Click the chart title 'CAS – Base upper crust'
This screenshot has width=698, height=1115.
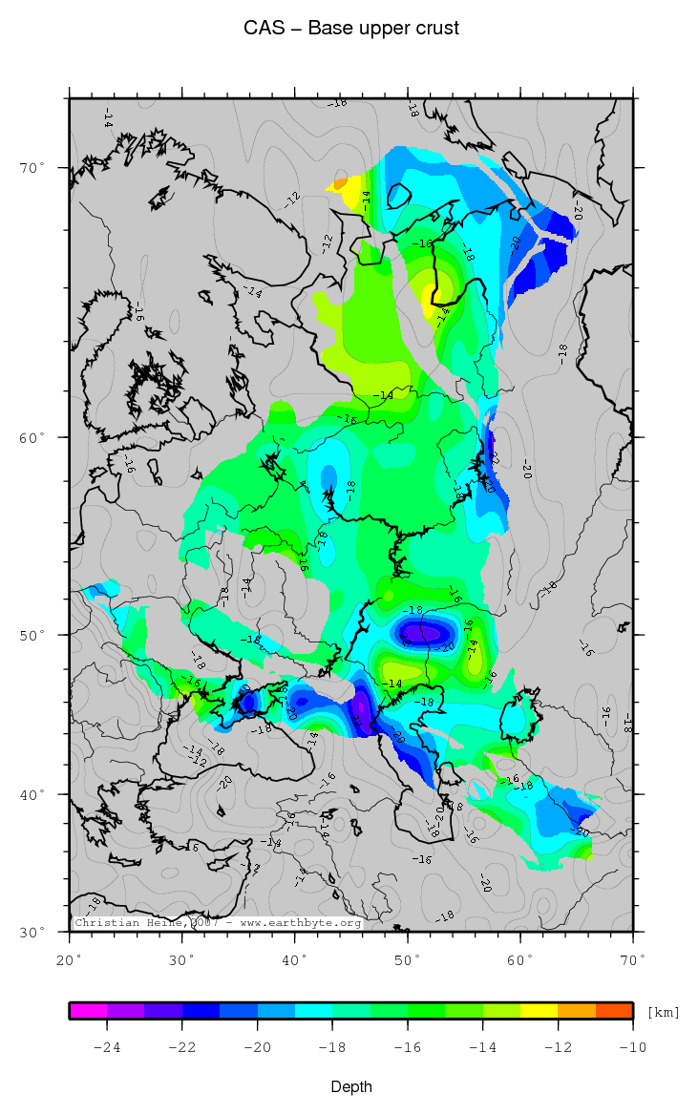click(x=351, y=29)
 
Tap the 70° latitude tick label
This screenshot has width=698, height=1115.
click(x=33, y=168)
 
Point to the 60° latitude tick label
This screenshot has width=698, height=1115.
click(x=33, y=437)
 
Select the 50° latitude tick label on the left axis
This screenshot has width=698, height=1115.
click(x=33, y=635)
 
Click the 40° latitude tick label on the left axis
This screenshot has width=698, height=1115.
click(x=33, y=794)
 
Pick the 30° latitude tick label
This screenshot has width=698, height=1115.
click(x=33, y=932)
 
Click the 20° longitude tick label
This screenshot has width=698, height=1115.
click(x=70, y=957)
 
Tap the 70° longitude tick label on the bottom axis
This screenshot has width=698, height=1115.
click(x=633, y=957)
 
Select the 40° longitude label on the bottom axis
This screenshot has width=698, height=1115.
click(x=295, y=957)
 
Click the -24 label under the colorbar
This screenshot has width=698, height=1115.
click(x=106, y=1047)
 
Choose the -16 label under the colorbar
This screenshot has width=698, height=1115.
click(x=408, y=1047)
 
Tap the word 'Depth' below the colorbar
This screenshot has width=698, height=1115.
click(x=351, y=1087)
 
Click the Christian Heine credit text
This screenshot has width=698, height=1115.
click(x=218, y=923)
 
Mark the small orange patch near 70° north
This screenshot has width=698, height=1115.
click(x=341, y=183)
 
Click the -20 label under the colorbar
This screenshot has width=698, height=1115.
click(x=257, y=1047)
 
